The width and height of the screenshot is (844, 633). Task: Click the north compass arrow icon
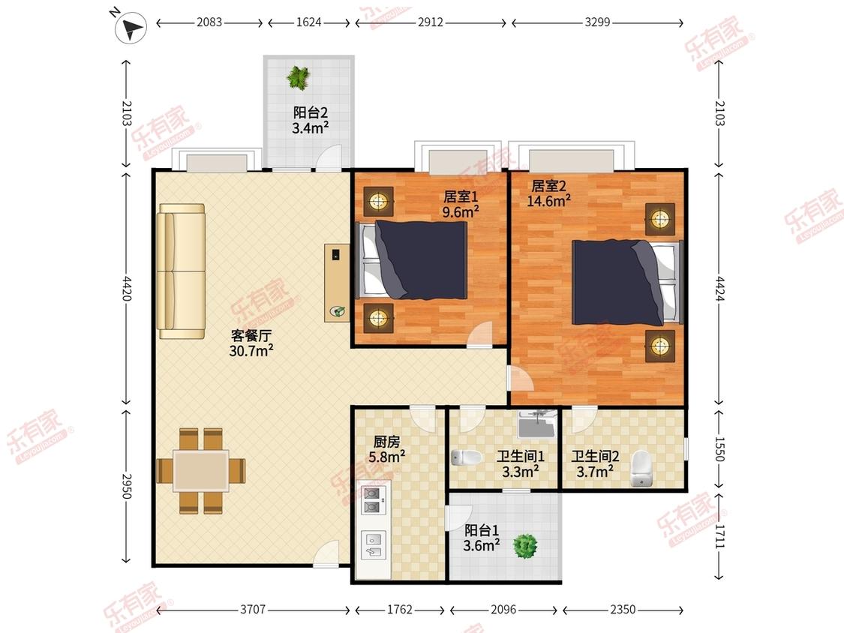[x=131, y=28]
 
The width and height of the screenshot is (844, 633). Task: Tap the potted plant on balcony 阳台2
[x=298, y=77]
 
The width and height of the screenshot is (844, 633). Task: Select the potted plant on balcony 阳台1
[x=525, y=546]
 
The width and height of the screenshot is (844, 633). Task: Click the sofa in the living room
[x=181, y=271]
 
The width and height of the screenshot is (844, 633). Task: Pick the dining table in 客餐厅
[x=201, y=470]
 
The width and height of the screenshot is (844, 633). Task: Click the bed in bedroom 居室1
[x=412, y=260]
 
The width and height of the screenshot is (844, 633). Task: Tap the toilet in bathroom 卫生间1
[x=466, y=458]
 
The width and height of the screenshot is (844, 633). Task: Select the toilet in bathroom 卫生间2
[x=641, y=468]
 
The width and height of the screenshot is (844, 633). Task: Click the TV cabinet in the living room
[x=337, y=283]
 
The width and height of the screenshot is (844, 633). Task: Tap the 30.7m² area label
[x=251, y=352]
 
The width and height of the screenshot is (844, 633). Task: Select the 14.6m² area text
[x=549, y=201]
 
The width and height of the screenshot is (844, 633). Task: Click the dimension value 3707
[x=253, y=609]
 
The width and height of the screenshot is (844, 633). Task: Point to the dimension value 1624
[x=309, y=22]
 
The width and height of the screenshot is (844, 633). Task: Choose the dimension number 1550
[x=720, y=449]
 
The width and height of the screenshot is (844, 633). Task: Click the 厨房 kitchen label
[x=387, y=442]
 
